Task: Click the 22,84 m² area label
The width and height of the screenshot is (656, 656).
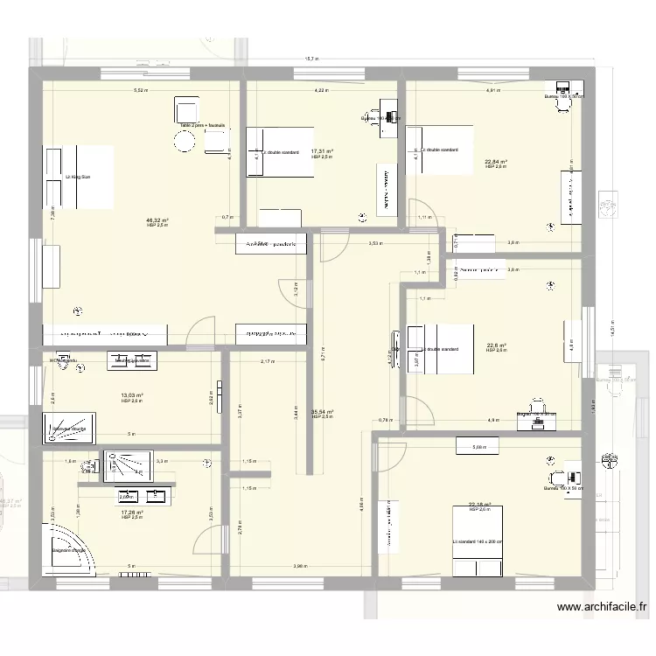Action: click(495, 161)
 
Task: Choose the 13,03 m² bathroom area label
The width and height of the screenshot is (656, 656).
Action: click(131, 395)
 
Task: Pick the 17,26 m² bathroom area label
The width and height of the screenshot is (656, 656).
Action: click(131, 513)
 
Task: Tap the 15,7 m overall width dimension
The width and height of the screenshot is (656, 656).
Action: click(311, 59)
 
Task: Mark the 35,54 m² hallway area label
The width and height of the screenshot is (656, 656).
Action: click(323, 412)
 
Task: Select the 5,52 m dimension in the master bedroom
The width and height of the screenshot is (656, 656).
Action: click(140, 90)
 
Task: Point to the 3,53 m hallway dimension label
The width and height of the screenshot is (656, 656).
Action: click(374, 244)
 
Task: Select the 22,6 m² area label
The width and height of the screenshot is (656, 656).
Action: click(495, 345)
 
